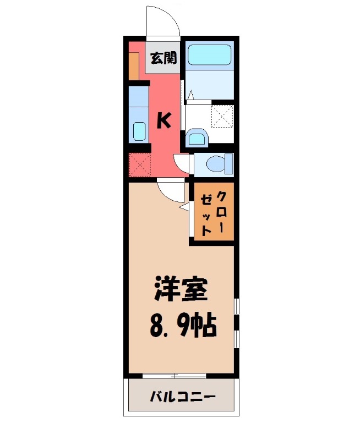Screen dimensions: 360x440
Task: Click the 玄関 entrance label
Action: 163,58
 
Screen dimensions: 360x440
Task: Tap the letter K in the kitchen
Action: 163,120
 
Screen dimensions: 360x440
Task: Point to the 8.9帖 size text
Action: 183,326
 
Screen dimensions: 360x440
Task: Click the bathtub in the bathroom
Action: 210,56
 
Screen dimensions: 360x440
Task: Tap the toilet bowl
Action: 215,163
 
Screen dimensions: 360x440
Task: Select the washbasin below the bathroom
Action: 197,137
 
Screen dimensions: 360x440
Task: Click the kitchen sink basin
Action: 139,131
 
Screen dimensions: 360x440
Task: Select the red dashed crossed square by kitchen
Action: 140,164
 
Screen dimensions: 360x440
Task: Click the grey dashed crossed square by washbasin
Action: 222,116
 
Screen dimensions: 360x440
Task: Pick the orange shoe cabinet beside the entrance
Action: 134,66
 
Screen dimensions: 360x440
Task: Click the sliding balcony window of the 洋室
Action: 174,376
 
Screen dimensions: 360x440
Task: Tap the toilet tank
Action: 230,163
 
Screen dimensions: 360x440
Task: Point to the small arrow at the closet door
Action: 184,207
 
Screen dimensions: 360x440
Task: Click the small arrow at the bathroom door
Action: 190,95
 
